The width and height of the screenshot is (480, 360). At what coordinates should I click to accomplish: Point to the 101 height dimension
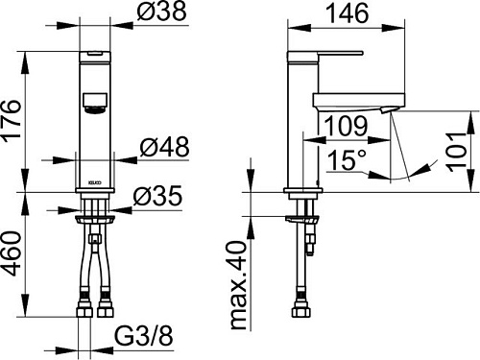(x=462, y=148)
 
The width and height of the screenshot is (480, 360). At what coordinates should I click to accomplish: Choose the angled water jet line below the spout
(x=398, y=144)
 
